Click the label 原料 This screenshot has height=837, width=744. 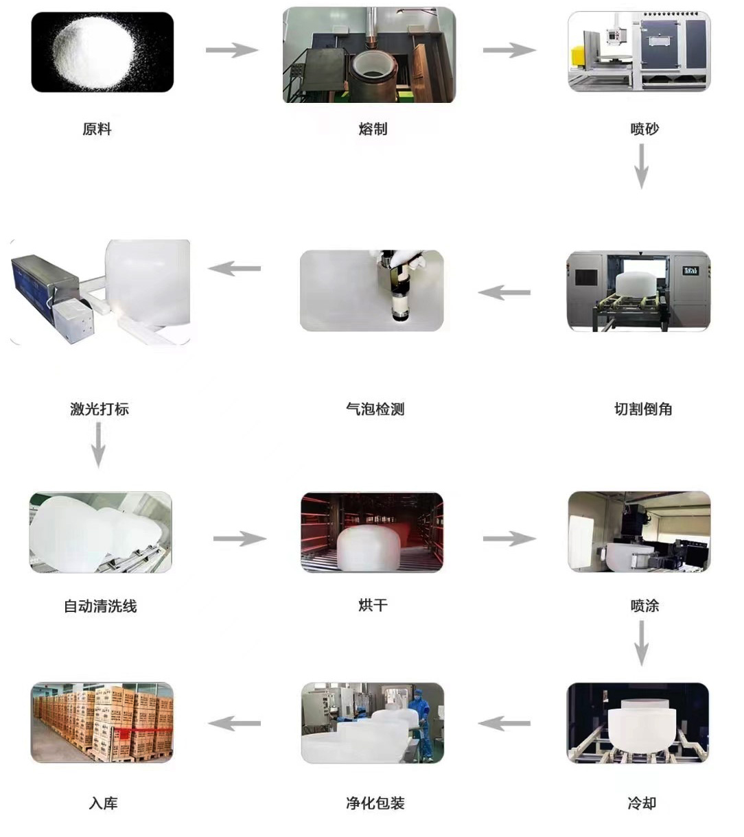point(97,129)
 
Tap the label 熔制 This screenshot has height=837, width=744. point(373,129)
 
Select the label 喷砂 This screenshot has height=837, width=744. point(644,129)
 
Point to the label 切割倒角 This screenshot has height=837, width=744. point(642,410)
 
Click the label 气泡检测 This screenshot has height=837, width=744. point(375,410)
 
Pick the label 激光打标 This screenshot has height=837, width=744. point(100,410)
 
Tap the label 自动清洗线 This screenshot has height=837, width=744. point(100,606)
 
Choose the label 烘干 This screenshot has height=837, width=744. point(373,605)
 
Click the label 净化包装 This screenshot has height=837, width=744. point(375,803)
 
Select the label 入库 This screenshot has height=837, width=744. point(103,803)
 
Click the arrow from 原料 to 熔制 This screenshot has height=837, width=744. point(231,50)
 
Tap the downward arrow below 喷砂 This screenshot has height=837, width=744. point(641,166)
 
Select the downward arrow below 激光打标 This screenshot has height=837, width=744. point(98,445)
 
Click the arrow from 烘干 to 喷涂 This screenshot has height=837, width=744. point(509,539)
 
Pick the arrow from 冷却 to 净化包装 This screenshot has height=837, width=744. point(504,723)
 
